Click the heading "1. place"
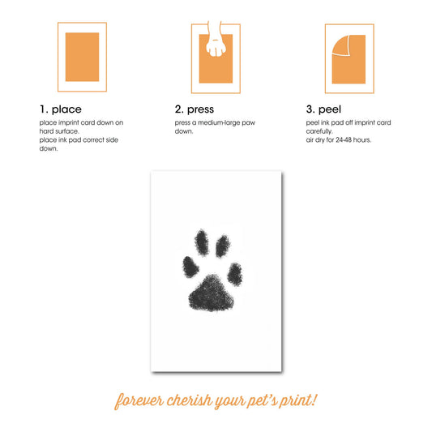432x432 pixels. [60, 109]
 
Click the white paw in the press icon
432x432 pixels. [216, 43]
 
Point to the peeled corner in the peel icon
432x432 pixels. [340, 47]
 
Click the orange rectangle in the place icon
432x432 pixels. [82, 57]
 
